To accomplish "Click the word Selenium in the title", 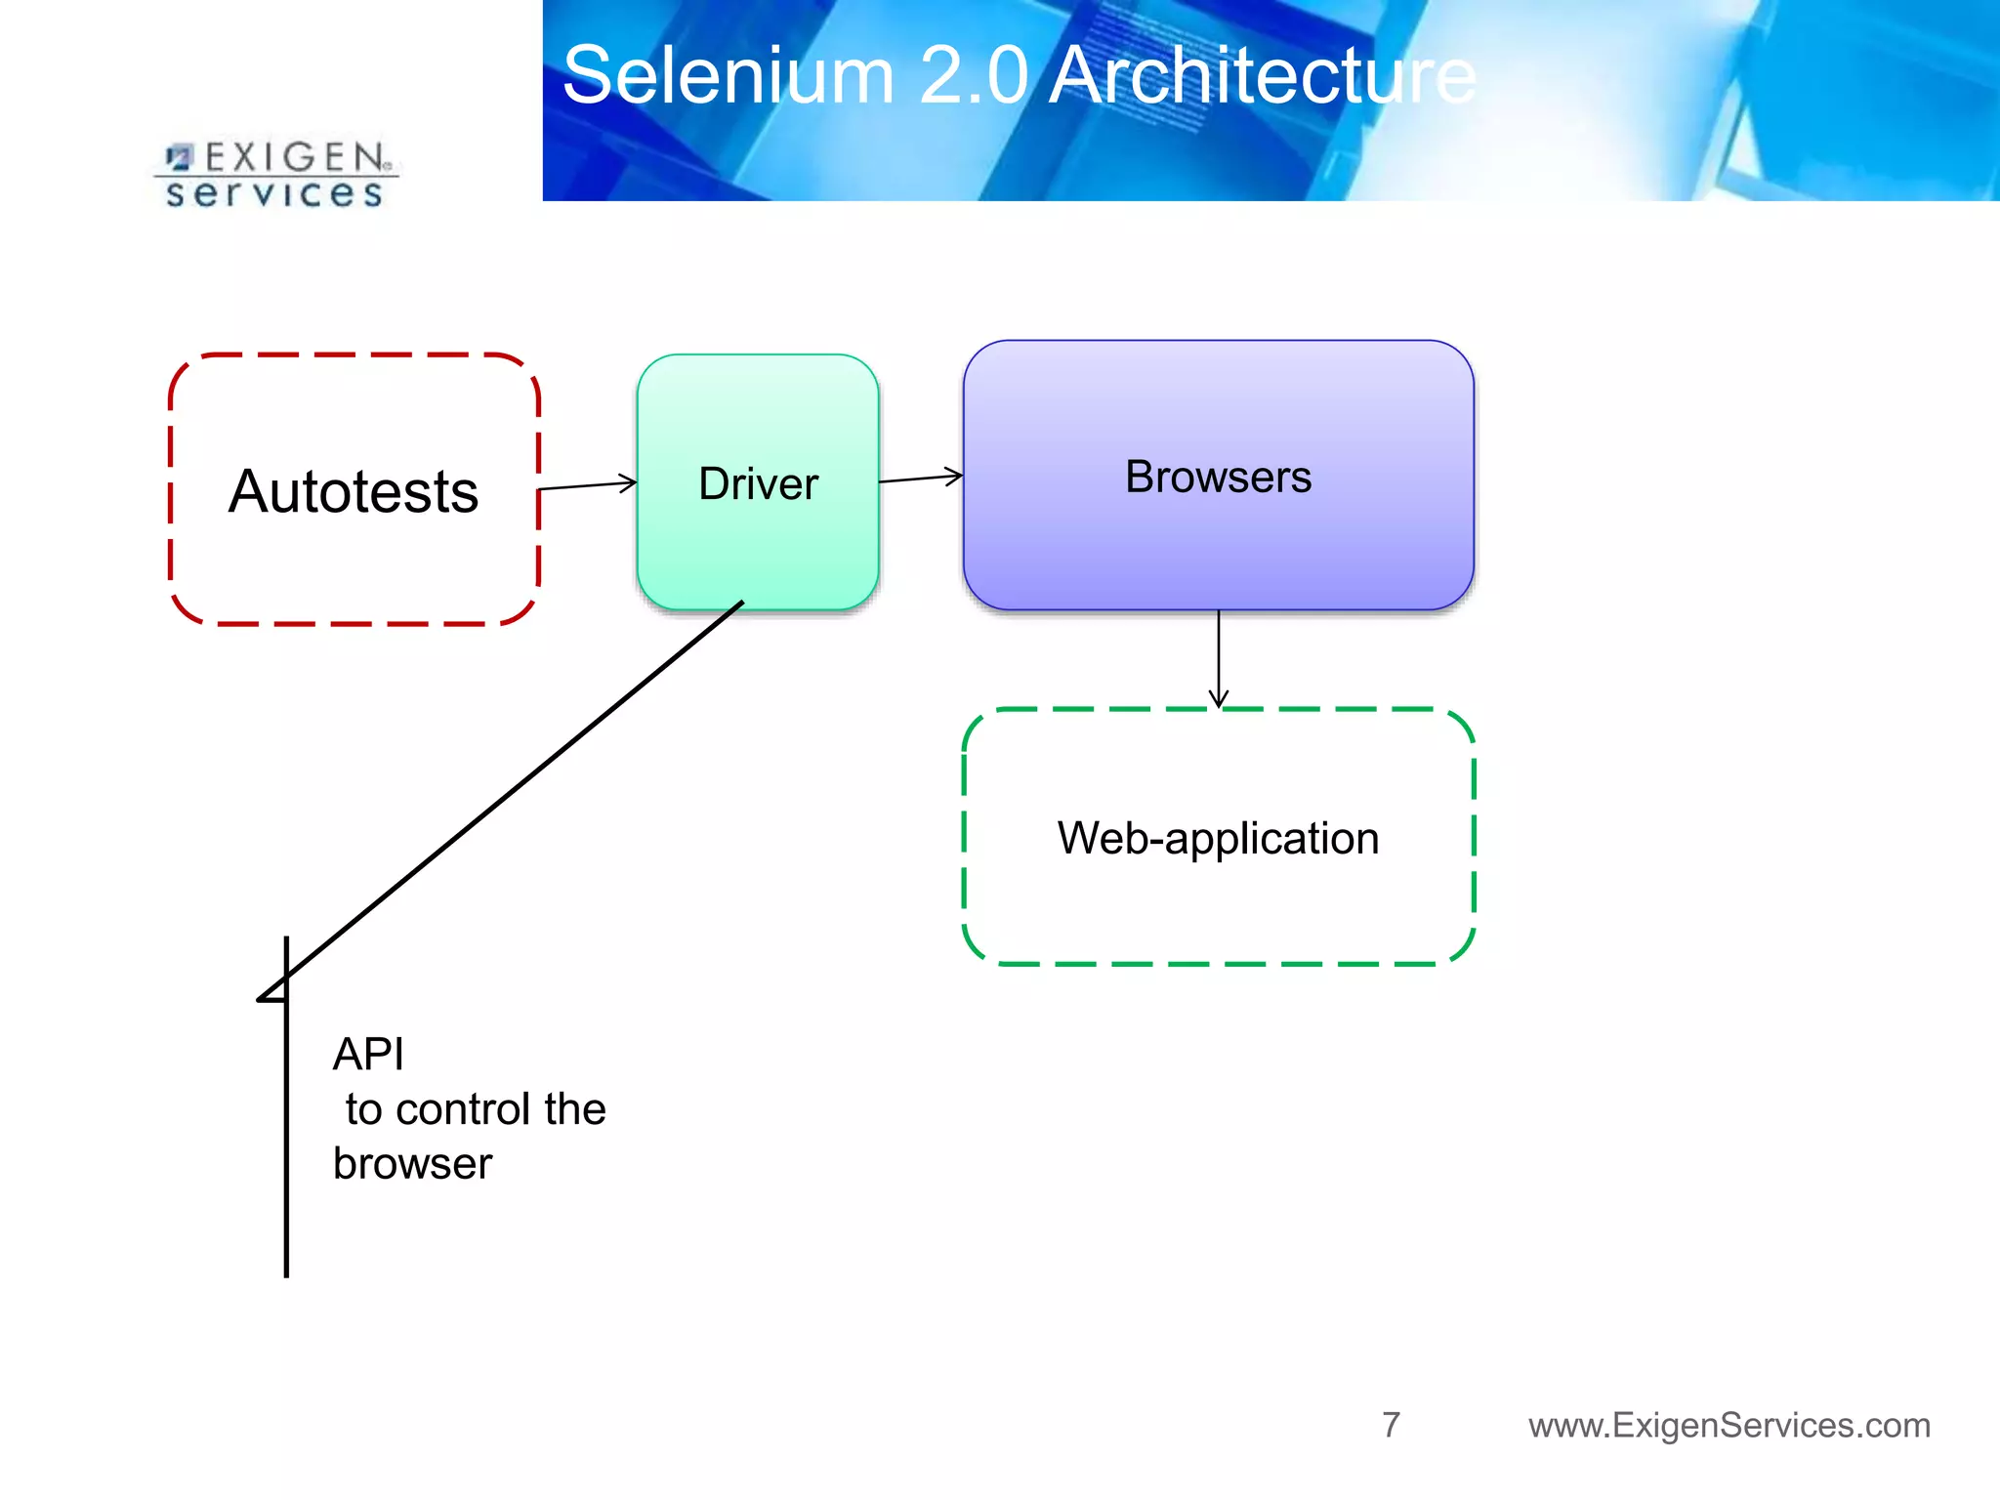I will pos(729,76).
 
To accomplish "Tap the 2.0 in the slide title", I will pos(973,76).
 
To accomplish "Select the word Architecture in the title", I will pos(1262,76).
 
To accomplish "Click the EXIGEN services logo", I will pos(275,174).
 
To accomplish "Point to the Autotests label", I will pos(354,491).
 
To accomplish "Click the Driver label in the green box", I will pos(758,484).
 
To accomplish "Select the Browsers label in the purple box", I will pos(1218,478).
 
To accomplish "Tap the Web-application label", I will pos(1218,838).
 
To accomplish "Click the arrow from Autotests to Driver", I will pos(587,484).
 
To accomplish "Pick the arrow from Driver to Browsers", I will pos(920,479).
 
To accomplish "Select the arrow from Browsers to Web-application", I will pos(1218,659).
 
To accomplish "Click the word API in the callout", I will pos(368,1055).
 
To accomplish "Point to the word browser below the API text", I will pos(412,1164).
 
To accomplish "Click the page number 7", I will pos(1391,1425).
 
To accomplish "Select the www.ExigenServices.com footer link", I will pos(1729,1426).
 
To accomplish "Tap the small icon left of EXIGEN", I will pos(180,157).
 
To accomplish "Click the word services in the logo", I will pos(274,193).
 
